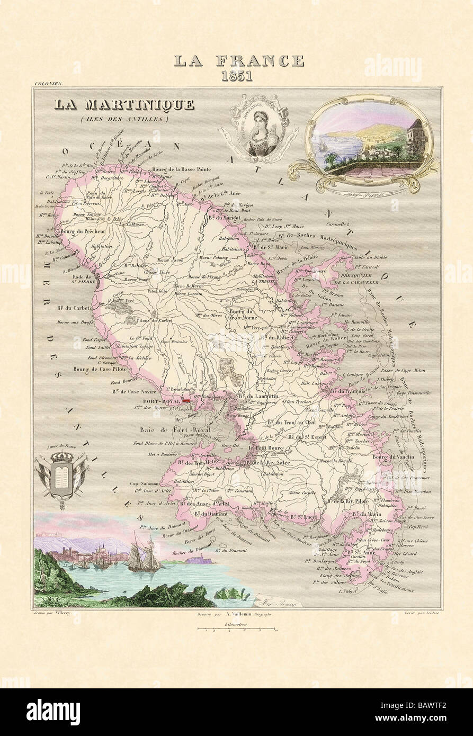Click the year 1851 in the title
237,75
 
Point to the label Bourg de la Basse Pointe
182,169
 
